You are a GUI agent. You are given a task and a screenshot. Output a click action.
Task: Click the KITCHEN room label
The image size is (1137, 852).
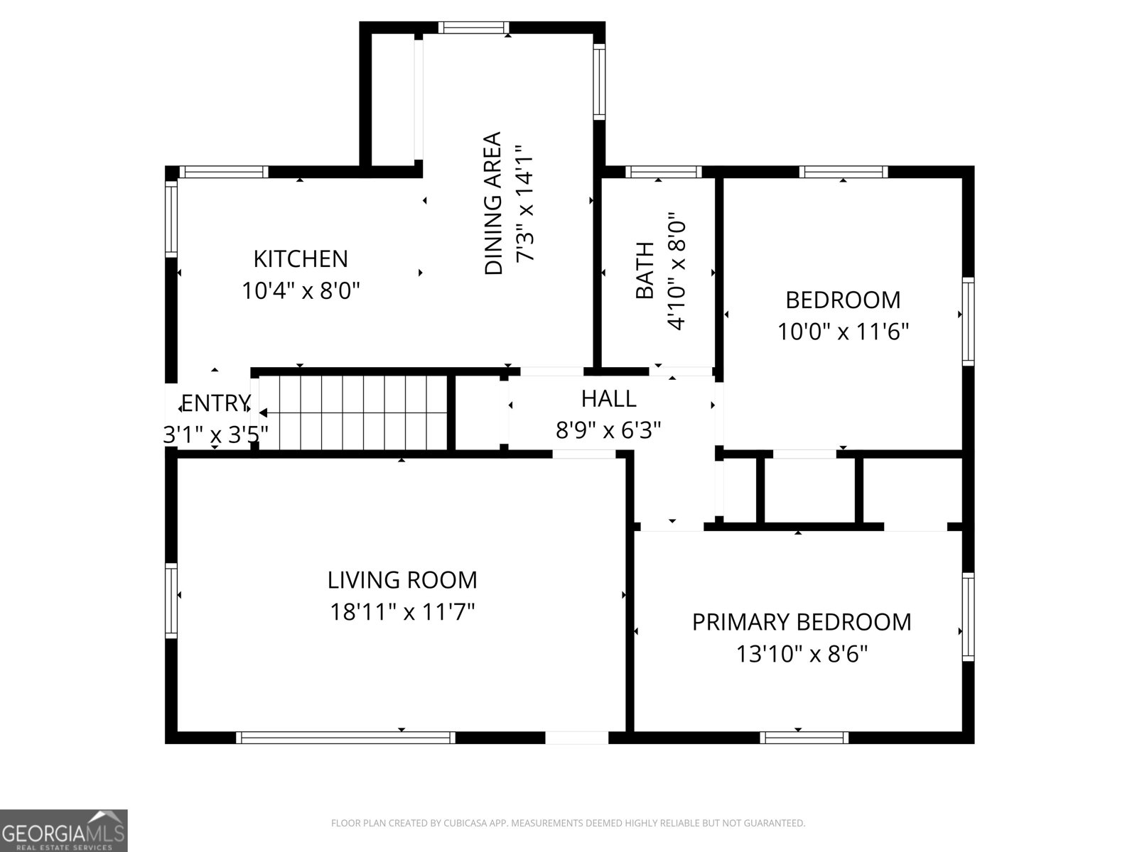click(301, 259)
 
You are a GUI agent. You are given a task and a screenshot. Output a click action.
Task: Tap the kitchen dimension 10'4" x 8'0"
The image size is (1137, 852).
click(301, 290)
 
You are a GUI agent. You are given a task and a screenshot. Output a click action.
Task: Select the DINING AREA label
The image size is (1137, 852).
click(493, 203)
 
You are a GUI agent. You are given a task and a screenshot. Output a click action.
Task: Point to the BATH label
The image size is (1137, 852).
click(645, 271)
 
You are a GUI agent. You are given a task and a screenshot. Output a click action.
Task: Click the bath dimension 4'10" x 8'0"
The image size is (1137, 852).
click(677, 271)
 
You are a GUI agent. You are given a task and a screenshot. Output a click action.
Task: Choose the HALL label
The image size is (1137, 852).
click(608, 399)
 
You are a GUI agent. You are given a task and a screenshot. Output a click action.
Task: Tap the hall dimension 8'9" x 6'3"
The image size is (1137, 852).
click(608, 430)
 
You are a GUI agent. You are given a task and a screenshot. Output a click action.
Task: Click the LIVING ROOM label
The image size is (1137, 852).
click(402, 580)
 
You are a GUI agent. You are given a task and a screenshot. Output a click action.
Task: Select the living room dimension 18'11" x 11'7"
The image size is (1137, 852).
click(402, 612)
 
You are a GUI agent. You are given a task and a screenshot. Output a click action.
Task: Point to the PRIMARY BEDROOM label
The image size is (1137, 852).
click(802, 622)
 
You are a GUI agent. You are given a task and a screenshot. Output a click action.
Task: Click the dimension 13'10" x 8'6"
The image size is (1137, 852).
click(802, 654)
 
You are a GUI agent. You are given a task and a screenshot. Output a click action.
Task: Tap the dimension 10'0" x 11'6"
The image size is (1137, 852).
click(844, 332)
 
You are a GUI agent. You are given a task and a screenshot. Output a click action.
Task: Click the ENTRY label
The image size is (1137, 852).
click(217, 403)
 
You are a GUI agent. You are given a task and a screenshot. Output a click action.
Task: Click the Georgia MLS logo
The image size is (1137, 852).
click(64, 830)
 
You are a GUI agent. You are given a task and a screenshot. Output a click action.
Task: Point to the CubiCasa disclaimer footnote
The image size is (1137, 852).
click(568, 823)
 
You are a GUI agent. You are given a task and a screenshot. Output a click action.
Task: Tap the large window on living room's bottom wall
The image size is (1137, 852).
click(345, 738)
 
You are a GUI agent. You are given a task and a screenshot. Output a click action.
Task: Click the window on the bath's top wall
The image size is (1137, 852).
click(664, 172)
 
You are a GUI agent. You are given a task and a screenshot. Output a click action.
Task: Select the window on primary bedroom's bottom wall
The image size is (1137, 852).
click(804, 738)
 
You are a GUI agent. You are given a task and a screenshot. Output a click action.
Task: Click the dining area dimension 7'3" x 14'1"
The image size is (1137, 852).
click(524, 203)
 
